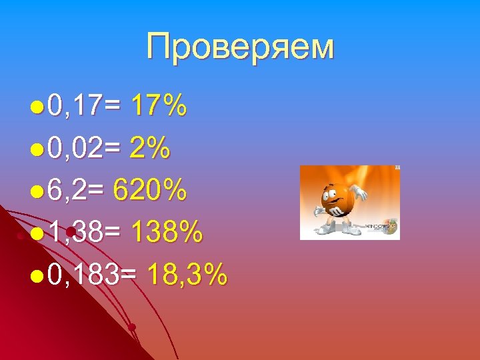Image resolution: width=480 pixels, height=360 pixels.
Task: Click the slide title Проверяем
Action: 240,48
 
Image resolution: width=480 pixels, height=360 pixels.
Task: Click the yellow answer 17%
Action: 159,106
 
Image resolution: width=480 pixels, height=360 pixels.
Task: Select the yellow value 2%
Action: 150,149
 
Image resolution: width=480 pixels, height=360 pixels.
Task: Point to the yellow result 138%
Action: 167,233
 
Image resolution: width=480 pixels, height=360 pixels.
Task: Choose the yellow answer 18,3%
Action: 187,275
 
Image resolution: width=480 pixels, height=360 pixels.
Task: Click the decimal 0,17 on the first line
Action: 75,106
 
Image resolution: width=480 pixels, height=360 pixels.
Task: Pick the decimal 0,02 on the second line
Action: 75,149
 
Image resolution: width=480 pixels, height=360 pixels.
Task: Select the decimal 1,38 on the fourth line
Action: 75,233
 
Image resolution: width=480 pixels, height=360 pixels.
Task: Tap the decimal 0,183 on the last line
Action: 85,275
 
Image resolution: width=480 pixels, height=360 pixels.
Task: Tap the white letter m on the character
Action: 338,212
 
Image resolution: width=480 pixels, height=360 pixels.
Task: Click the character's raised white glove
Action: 360,193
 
